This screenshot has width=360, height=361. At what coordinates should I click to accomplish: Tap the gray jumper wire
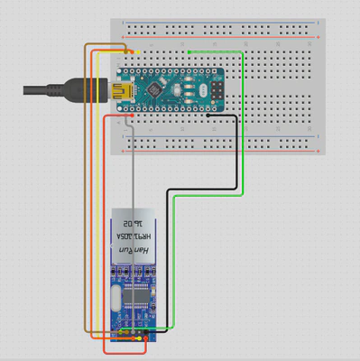[x=134, y=180]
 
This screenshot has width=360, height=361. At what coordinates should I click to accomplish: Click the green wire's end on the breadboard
[x=188, y=52]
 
